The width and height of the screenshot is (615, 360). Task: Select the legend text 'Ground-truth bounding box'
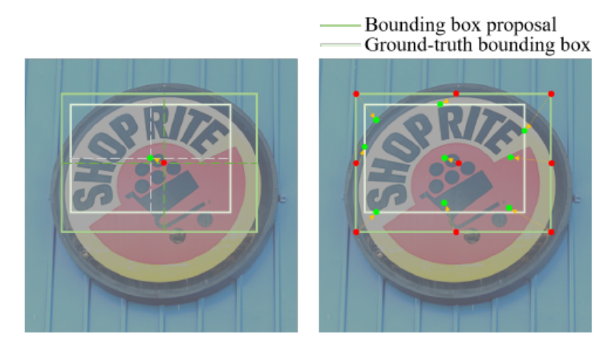pyautogui.click(x=477, y=45)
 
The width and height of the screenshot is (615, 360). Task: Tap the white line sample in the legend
pyautogui.click(x=339, y=46)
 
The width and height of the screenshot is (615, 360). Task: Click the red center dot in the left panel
pyautogui.click(x=164, y=163)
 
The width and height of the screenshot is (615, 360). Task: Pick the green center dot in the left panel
pyautogui.click(x=150, y=158)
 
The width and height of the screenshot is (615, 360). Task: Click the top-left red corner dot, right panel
pyautogui.click(x=356, y=94)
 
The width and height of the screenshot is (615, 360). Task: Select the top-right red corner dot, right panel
pyautogui.click(x=551, y=94)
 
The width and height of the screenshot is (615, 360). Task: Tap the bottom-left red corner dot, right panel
pyautogui.click(x=356, y=231)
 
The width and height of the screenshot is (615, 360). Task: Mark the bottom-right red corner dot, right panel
pyautogui.click(x=551, y=231)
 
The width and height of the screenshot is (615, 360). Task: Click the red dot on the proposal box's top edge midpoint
pyautogui.click(x=456, y=94)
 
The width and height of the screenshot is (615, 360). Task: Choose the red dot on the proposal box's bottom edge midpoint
pyautogui.click(x=456, y=231)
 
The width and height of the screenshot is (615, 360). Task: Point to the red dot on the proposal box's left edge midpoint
pyautogui.click(x=356, y=163)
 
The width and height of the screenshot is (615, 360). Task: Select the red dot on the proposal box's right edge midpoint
pyautogui.click(x=551, y=163)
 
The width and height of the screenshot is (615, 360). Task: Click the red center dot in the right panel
pyautogui.click(x=458, y=163)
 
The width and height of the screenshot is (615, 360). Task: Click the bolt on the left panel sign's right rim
pyautogui.click(x=282, y=199)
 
